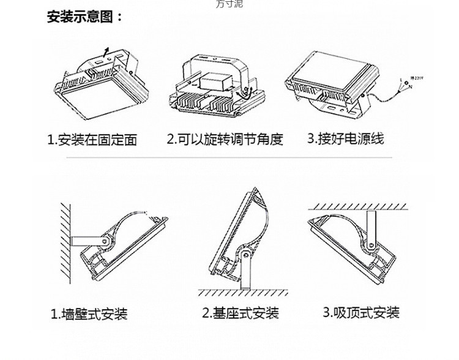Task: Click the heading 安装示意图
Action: tap(85, 17)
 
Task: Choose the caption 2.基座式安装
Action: tap(241, 313)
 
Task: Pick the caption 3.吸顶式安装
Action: tap(361, 313)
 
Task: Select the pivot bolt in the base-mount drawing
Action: tap(244, 254)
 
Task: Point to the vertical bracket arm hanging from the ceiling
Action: tap(371, 227)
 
